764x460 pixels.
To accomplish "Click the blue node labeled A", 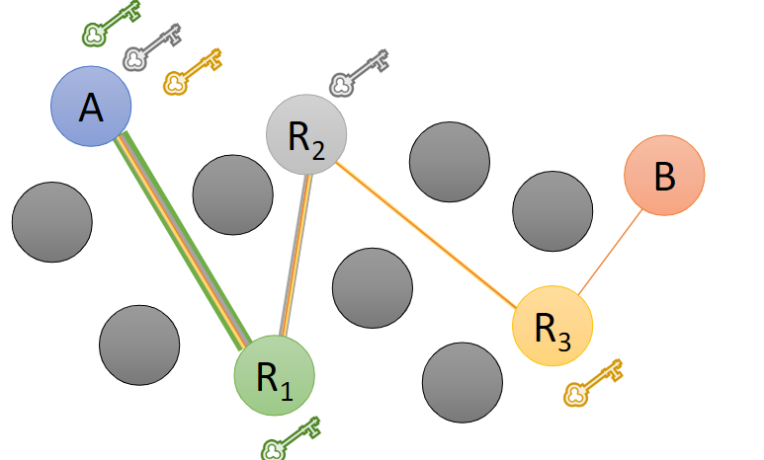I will pyautogui.click(x=91, y=107).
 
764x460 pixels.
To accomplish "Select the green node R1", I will pyautogui.click(x=274, y=376).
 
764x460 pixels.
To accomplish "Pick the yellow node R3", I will pyautogui.click(x=552, y=325).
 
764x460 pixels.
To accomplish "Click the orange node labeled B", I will pyautogui.click(x=664, y=175).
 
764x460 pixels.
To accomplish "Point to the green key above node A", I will pyautogui.click(x=109, y=25).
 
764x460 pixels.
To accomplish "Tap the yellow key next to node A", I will pyautogui.click(x=192, y=72).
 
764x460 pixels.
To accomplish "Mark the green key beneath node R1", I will pyautogui.click(x=292, y=438).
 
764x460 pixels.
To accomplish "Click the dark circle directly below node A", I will pyautogui.click(x=51, y=222).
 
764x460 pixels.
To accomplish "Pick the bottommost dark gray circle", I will pyautogui.click(x=462, y=383).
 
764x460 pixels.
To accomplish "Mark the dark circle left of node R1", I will pyautogui.click(x=139, y=345).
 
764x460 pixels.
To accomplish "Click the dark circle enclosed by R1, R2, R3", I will pyautogui.click(x=372, y=287).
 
